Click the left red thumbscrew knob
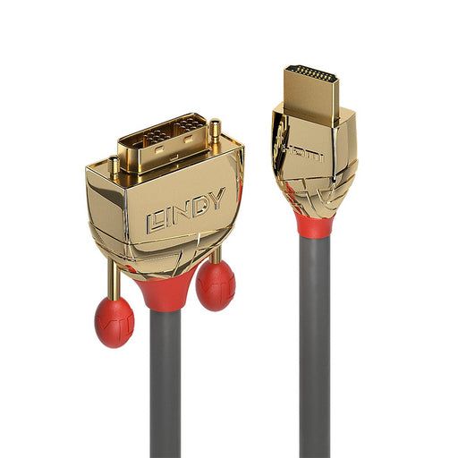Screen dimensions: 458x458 pyautogui.click(x=114, y=321)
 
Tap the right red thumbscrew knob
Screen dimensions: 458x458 pyautogui.click(x=216, y=286)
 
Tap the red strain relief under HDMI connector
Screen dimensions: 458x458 pyautogui.click(x=315, y=224)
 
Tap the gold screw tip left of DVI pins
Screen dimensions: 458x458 pyautogui.click(x=114, y=165)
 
